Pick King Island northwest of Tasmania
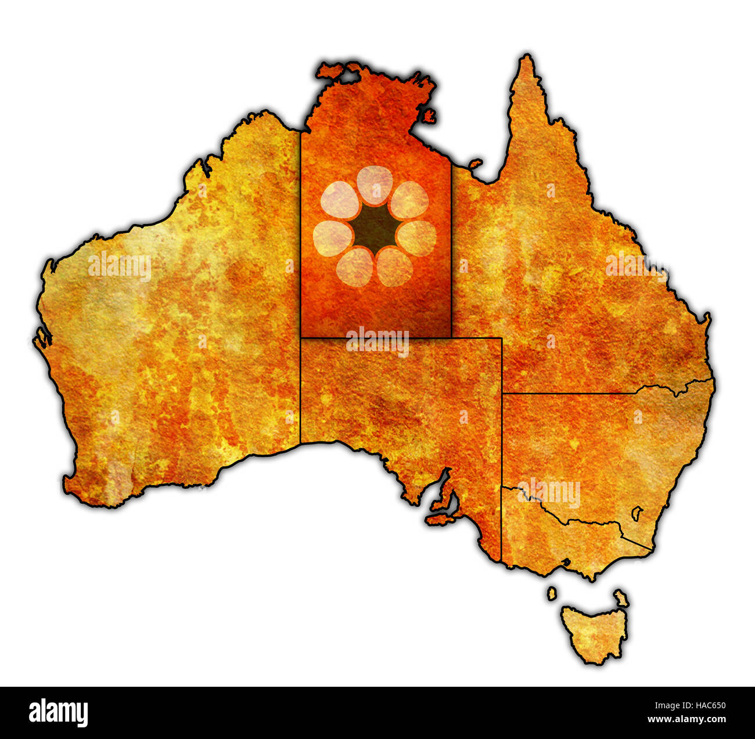(551, 593)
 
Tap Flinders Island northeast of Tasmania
(621, 597)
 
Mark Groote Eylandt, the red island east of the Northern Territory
(429, 116)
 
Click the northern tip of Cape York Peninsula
(527, 57)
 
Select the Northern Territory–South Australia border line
(375, 337)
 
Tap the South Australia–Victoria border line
(501, 522)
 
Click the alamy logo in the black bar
(58, 713)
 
